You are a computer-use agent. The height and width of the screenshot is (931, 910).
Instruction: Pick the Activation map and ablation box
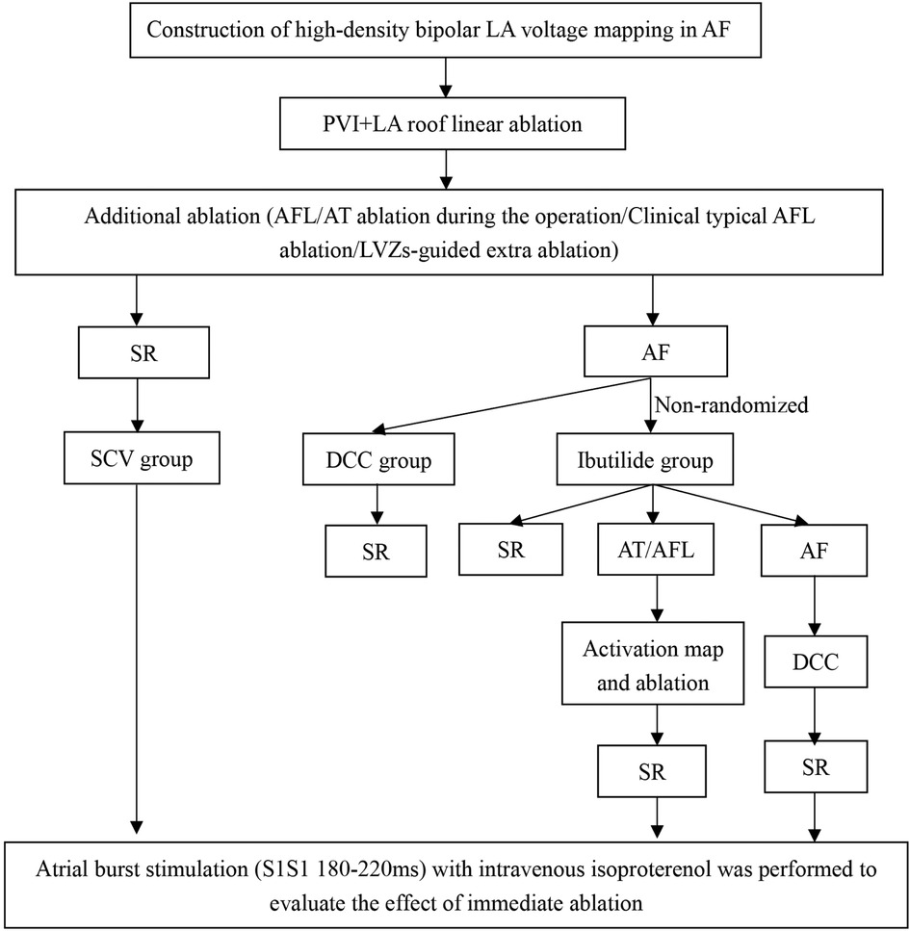tap(654, 663)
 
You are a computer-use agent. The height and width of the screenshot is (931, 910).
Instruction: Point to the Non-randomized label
tap(731, 405)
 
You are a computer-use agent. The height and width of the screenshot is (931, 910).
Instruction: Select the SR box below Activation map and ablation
tap(654, 771)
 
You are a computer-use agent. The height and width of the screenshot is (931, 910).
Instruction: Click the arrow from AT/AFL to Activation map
tap(654, 603)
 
